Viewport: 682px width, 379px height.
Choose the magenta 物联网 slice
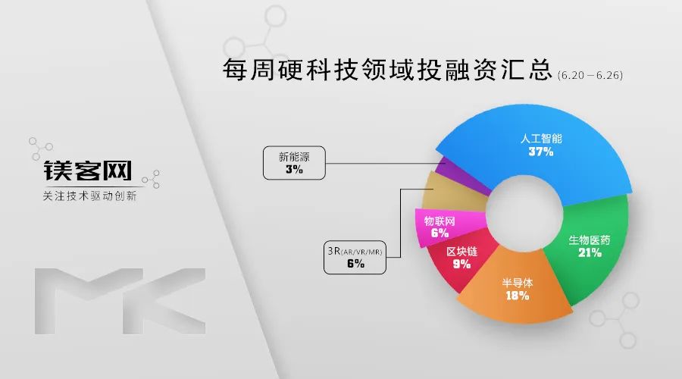coord(440,227)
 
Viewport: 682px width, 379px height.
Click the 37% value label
coord(541,152)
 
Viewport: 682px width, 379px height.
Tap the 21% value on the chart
coord(590,252)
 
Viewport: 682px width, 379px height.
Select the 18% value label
coord(517,296)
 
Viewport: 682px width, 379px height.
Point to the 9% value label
coord(462,264)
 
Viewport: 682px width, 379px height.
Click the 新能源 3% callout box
coord(294,163)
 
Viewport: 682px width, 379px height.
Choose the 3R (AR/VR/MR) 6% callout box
coord(355,257)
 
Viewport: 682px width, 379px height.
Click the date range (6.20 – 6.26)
coord(590,75)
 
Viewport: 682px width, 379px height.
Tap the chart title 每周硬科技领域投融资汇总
coord(387,70)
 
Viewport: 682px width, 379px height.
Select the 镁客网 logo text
coord(87,171)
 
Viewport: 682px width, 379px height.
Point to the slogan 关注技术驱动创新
coord(89,196)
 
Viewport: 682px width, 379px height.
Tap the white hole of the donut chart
coord(524,213)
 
